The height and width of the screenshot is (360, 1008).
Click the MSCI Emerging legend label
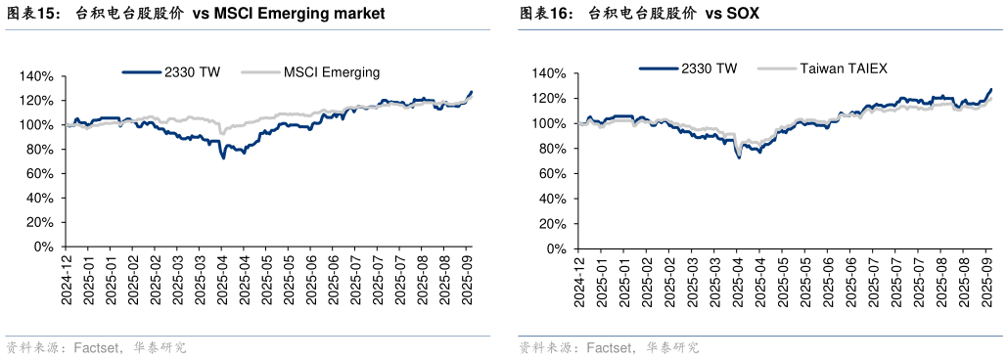pos(331,71)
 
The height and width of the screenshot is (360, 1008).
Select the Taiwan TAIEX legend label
pos(843,68)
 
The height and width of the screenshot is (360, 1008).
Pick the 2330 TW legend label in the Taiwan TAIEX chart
pos(709,68)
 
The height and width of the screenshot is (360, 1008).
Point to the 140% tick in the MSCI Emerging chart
pos(37,76)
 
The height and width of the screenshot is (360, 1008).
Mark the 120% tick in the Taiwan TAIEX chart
pos(549,99)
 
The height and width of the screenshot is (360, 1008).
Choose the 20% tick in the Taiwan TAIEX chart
pos(553,224)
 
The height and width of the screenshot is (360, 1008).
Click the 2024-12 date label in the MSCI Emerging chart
pos(68,282)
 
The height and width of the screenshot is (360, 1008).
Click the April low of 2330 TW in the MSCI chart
pos(224,157)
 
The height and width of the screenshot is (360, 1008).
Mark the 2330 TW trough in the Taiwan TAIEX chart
pos(738,157)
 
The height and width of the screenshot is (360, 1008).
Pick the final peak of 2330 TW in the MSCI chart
pos(471,92)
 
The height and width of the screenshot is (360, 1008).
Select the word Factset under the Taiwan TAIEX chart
pos(610,347)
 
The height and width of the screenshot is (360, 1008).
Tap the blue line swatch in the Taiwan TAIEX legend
pos(657,68)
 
